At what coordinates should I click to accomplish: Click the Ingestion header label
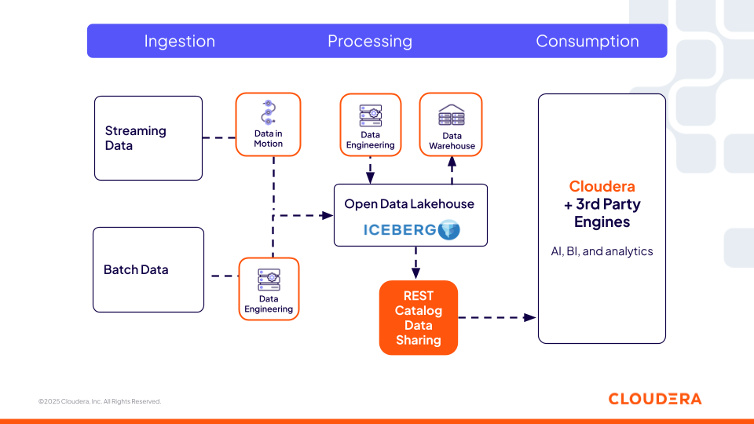[x=179, y=42]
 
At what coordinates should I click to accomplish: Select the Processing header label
[x=369, y=42]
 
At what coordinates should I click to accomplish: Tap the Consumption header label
[x=587, y=42]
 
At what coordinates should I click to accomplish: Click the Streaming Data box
[x=148, y=138]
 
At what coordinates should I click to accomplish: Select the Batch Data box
[x=148, y=269]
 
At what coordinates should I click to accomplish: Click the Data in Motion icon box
[x=268, y=124]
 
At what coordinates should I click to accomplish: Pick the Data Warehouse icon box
[x=452, y=124]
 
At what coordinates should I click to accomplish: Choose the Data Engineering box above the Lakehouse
[x=370, y=124]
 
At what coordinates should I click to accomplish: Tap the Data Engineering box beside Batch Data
[x=269, y=289]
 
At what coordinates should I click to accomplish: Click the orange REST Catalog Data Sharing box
[x=418, y=318]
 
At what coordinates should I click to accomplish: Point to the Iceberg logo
[x=411, y=230]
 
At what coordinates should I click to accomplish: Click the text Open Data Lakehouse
[x=409, y=204]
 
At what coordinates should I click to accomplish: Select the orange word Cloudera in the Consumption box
[x=602, y=187]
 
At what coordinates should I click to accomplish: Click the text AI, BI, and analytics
[x=602, y=251]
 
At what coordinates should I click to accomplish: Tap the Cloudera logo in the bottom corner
[x=654, y=399]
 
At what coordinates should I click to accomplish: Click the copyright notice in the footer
[x=100, y=401]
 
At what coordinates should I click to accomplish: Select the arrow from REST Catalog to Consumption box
[x=496, y=318]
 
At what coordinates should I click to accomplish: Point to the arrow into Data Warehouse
[x=452, y=169]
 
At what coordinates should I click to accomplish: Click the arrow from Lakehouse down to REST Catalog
[x=415, y=262]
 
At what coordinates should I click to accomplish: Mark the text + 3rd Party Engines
[x=602, y=214]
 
